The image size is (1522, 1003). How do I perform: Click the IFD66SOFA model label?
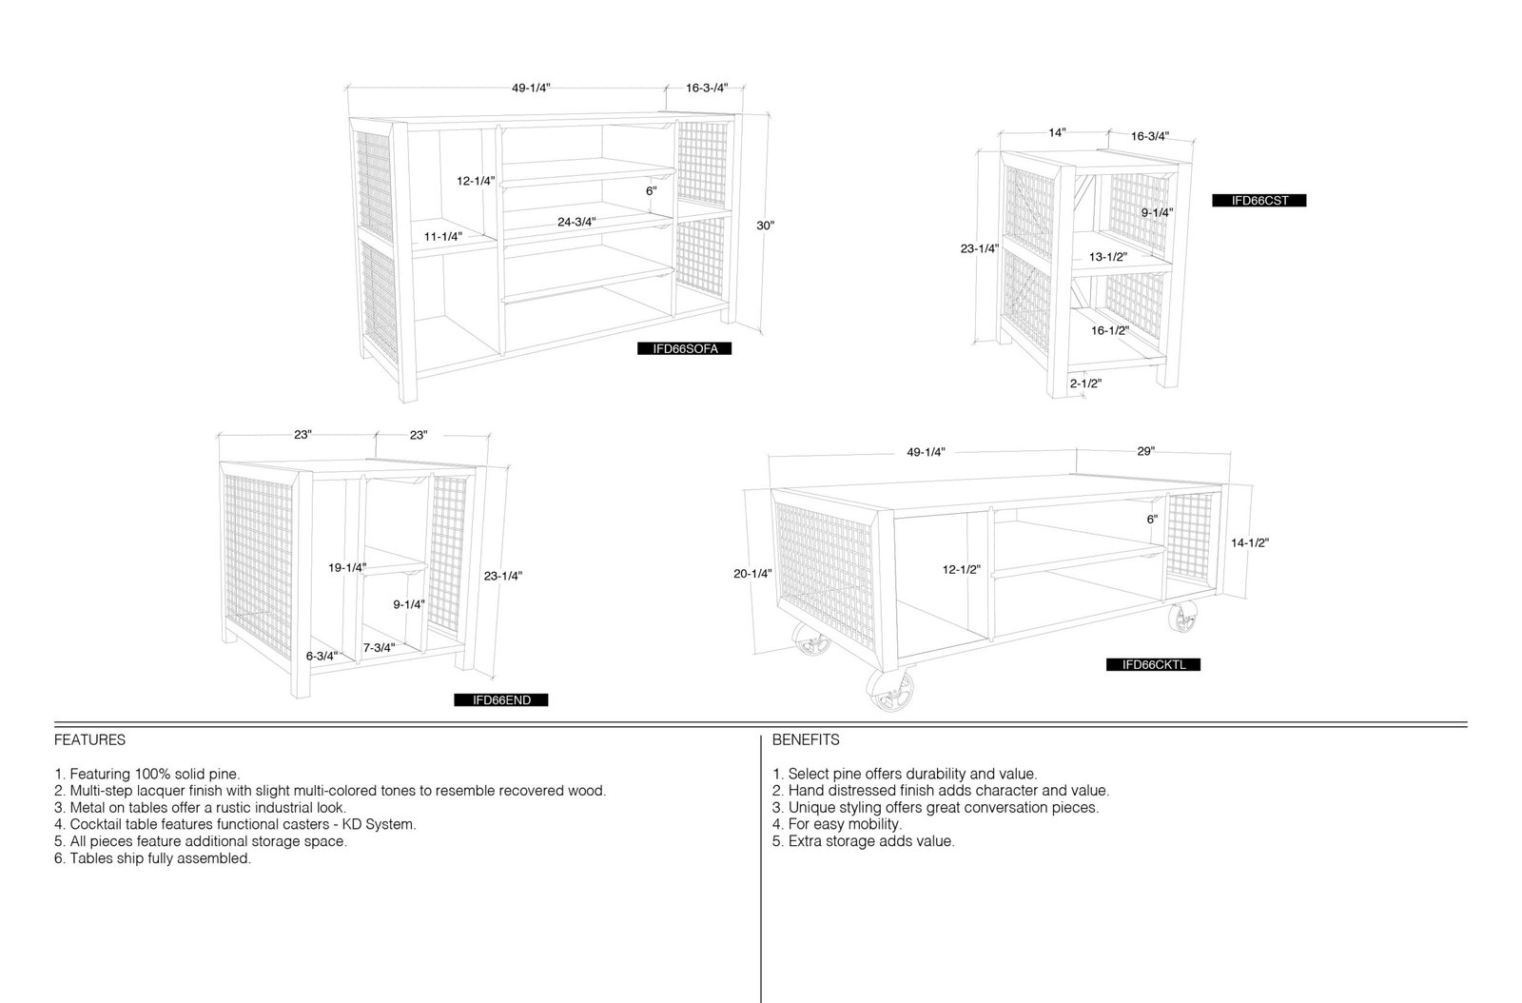coord(684,348)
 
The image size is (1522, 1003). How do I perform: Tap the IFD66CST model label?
coord(1259,201)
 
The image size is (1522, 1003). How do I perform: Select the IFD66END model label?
coord(500,700)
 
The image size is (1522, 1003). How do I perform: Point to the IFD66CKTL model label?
coord(1153,664)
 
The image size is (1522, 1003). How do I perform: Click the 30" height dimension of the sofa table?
coord(765,226)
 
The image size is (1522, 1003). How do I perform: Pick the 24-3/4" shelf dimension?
coord(576,223)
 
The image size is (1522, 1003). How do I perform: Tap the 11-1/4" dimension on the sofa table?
coord(443,237)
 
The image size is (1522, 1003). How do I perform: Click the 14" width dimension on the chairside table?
coord(1057,132)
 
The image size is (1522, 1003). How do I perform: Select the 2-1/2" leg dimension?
coord(1085,383)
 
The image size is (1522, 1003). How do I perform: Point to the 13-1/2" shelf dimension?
coord(1108,257)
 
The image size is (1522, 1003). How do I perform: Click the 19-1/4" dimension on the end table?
coord(347,567)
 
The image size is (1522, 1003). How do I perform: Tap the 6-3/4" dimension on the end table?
coord(322,656)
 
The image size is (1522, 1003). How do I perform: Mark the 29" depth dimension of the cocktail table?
coord(1145,451)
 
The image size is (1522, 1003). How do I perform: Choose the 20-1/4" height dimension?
coord(752,574)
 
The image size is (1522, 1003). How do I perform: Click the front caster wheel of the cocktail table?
coord(890,690)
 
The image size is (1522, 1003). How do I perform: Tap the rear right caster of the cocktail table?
coord(1183,617)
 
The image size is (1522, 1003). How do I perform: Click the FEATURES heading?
coord(89,740)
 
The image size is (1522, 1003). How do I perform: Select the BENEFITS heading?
coord(805,740)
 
